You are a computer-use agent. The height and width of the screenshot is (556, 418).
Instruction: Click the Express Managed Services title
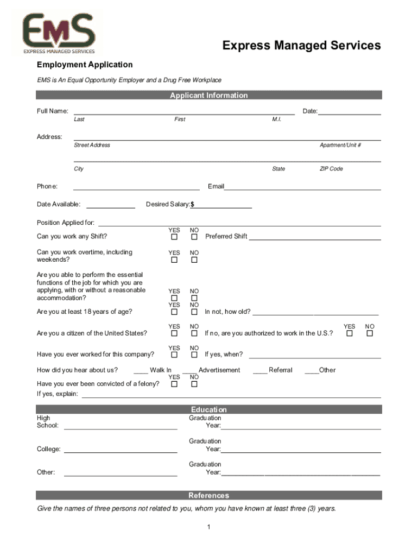tap(301, 46)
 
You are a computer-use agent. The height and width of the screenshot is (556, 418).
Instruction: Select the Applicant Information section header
tap(209, 96)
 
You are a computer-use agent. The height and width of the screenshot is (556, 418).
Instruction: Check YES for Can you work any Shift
tap(174, 237)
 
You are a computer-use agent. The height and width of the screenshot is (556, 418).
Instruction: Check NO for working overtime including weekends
tap(194, 260)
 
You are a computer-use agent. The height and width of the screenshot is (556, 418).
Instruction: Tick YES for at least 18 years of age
tap(174, 312)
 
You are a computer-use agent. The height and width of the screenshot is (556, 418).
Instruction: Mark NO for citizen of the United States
tap(194, 333)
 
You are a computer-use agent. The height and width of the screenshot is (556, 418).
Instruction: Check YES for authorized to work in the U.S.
tap(350, 333)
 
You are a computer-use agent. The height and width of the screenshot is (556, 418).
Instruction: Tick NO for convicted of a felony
tap(194, 384)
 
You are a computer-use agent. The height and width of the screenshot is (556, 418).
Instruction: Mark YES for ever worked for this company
tap(174, 355)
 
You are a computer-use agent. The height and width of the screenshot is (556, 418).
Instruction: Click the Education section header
tap(209, 409)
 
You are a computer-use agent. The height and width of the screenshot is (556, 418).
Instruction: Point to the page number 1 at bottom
tap(209, 527)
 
